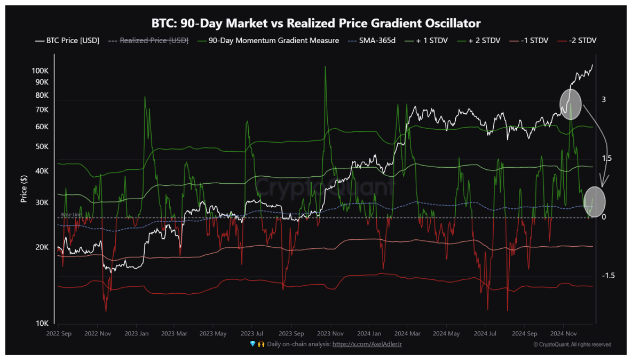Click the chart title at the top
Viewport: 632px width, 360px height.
315,23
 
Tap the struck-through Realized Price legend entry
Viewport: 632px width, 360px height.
148,40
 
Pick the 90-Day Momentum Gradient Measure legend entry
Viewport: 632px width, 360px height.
268,40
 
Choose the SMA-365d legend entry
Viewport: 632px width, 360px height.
372,40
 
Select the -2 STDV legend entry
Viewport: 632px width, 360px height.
577,40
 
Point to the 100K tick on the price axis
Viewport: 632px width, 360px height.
40,71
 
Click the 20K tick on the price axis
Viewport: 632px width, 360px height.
42,247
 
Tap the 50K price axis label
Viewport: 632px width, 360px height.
42,146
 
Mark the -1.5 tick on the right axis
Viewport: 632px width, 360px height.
608,276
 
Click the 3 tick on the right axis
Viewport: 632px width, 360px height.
603,99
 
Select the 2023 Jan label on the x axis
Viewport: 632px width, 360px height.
136,333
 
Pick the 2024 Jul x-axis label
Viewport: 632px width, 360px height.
485,333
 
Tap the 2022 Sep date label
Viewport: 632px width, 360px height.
59,333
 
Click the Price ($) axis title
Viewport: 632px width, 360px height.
24,189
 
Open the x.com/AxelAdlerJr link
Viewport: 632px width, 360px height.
367,345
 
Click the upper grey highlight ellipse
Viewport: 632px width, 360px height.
570,104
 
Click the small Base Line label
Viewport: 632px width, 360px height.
72,215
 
